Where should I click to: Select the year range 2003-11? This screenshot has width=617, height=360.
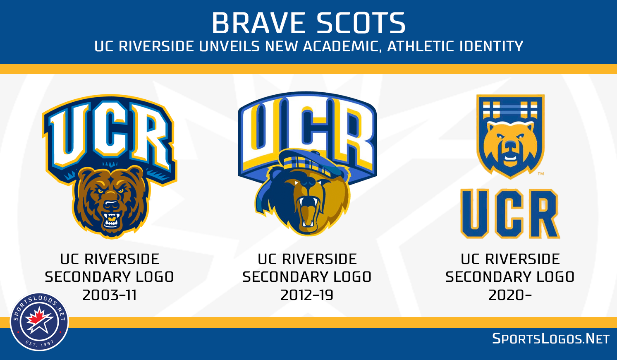pos(110,295)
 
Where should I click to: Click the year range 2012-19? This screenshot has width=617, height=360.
pos(307,295)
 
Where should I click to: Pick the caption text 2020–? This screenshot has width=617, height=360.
pos(509,295)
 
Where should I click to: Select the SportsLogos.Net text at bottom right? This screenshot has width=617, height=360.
pos(551,339)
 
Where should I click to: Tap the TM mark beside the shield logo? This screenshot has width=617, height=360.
pos(541,174)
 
